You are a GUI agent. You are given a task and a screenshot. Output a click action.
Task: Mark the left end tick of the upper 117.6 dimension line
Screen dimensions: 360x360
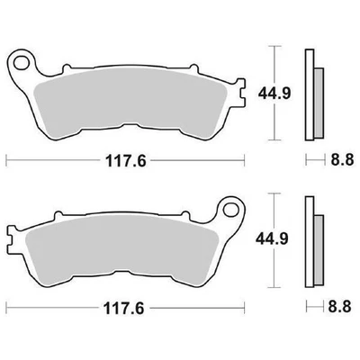[x=7, y=164]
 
